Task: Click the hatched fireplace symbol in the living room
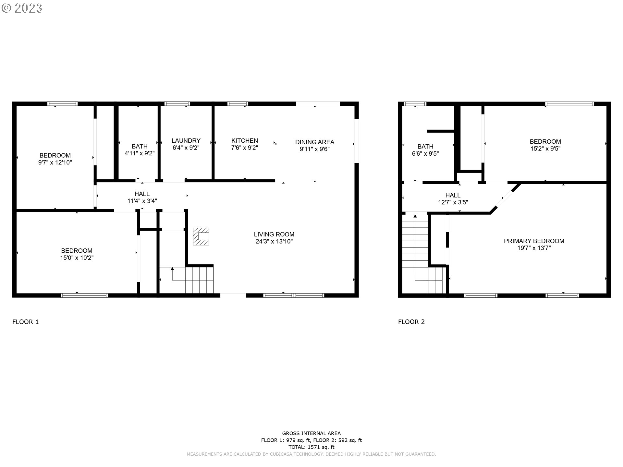[201, 236]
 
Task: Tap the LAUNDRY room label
[186, 141]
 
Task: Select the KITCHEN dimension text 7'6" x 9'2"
[245, 148]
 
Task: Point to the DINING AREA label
[315, 142]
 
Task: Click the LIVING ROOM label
[274, 234]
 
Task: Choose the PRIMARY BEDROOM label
[534, 241]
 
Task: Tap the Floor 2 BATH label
[425, 147]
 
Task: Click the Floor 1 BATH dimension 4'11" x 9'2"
[140, 153]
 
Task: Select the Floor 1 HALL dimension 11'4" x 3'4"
[142, 201]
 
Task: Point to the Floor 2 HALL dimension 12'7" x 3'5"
[453, 202]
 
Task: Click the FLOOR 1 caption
[26, 322]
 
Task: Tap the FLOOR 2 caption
[411, 322]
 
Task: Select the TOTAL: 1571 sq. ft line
[311, 447]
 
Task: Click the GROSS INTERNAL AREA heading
[311, 433]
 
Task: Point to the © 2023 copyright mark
[22, 8]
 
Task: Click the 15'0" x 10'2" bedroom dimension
[77, 258]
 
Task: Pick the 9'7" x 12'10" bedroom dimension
[55, 162]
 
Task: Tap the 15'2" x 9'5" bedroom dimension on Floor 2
[545, 149]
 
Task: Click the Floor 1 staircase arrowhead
[172, 269]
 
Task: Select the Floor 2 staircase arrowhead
[415, 216]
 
